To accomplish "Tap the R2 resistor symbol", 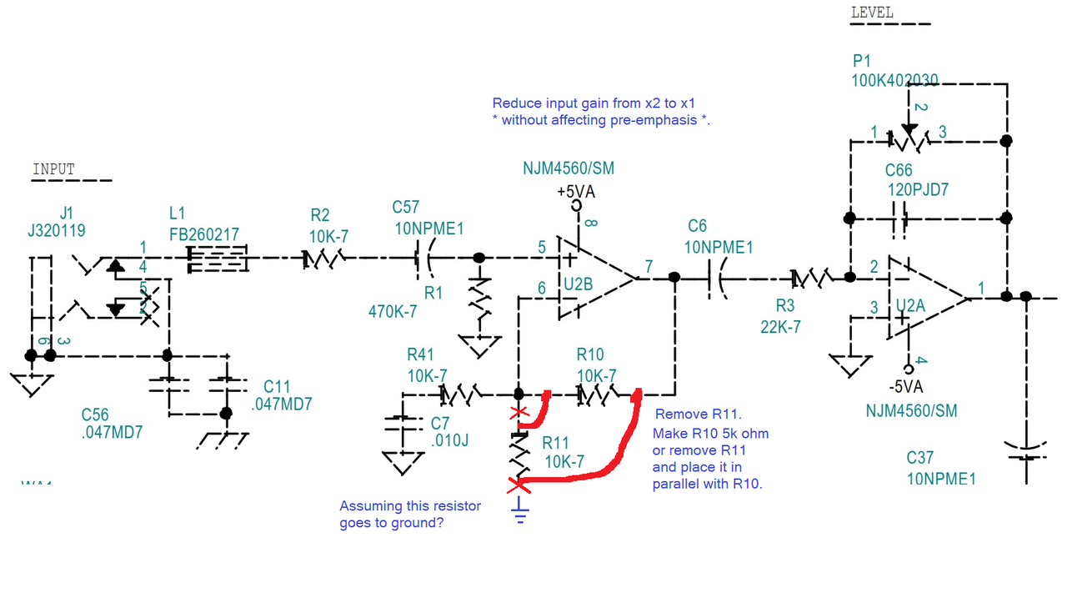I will [324, 259].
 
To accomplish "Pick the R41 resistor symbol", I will [459, 393].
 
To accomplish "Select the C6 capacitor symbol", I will [716, 278].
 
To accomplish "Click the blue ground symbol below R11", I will [520, 508].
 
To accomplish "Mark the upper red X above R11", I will [519, 413].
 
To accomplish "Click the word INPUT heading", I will [53, 169].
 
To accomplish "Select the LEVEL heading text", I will [872, 13].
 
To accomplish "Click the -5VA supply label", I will [905, 386].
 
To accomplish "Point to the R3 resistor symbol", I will [809, 277].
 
